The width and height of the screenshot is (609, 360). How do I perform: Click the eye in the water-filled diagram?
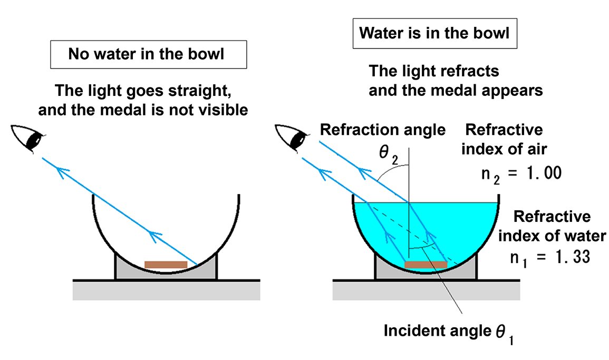click(294, 138)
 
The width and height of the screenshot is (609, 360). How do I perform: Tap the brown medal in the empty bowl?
click(166, 264)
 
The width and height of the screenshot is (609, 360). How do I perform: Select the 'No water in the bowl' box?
click(148, 55)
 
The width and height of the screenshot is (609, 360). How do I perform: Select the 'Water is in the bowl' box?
click(434, 34)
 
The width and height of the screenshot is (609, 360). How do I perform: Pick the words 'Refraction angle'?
click(383, 130)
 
